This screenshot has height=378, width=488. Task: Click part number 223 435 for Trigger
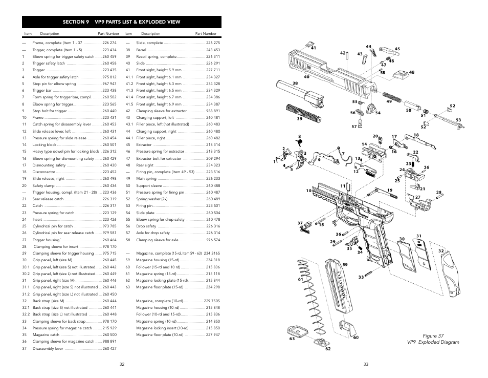pyautogui.click(x=109, y=70)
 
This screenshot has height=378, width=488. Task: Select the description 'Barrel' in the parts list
pyautogui.click(x=141, y=50)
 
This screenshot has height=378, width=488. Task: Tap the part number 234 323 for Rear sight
pyautogui.click(x=213, y=165)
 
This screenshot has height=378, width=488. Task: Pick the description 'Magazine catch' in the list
pyautogui.click(x=46, y=334)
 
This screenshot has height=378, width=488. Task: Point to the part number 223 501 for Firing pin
pyautogui.click(x=213, y=206)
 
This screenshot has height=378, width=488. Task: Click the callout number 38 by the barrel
pyautogui.click(x=295, y=83)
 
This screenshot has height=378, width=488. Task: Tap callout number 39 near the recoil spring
pyautogui.click(x=300, y=119)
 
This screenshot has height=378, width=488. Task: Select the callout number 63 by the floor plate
pyautogui.click(x=292, y=339)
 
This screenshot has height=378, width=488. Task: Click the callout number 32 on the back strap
pyautogui.click(x=440, y=251)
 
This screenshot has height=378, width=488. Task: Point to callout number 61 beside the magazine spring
pyautogui.click(x=301, y=279)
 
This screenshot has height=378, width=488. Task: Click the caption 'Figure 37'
pyautogui.click(x=433, y=335)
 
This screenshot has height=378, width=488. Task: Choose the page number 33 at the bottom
pyautogui.click(x=366, y=364)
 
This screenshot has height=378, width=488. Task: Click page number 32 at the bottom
pyautogui.click(x=122, y=364)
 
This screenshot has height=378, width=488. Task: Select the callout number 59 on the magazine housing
pyautogui.click(x=345, y=265)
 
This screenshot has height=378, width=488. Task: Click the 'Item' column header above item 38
pyautogui.click(x=128, y=34)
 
